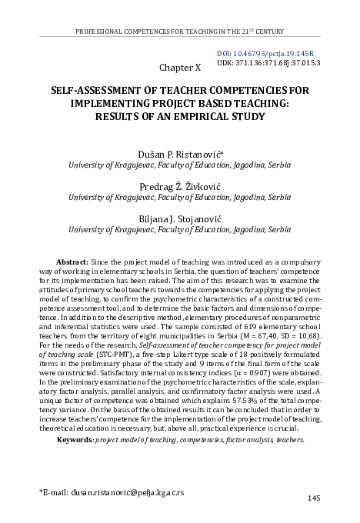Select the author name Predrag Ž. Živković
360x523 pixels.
pyautogui.click(x=180, y=187)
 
